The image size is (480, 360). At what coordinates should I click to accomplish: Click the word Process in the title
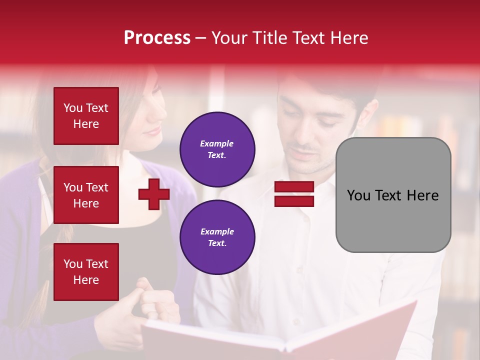(x=157, y=38)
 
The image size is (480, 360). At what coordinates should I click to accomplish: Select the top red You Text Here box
(x=86, y=116)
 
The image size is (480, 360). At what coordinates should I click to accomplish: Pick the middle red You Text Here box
(x=86, y=195)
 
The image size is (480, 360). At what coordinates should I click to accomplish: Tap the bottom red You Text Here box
(x=86, y=272)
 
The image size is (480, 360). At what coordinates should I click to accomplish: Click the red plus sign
(x=154, y=194)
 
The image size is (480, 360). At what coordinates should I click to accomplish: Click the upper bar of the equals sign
(x=294, y=187)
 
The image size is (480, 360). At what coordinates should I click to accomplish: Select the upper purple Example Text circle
(x=217, y=149)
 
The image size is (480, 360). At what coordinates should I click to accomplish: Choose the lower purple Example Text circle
(x=217, y=237)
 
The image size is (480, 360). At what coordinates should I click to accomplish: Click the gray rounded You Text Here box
(x=393, y=195)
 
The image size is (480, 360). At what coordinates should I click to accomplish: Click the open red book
(x=280, y=335)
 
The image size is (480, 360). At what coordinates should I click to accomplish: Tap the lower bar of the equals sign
(x=294, y=201)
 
